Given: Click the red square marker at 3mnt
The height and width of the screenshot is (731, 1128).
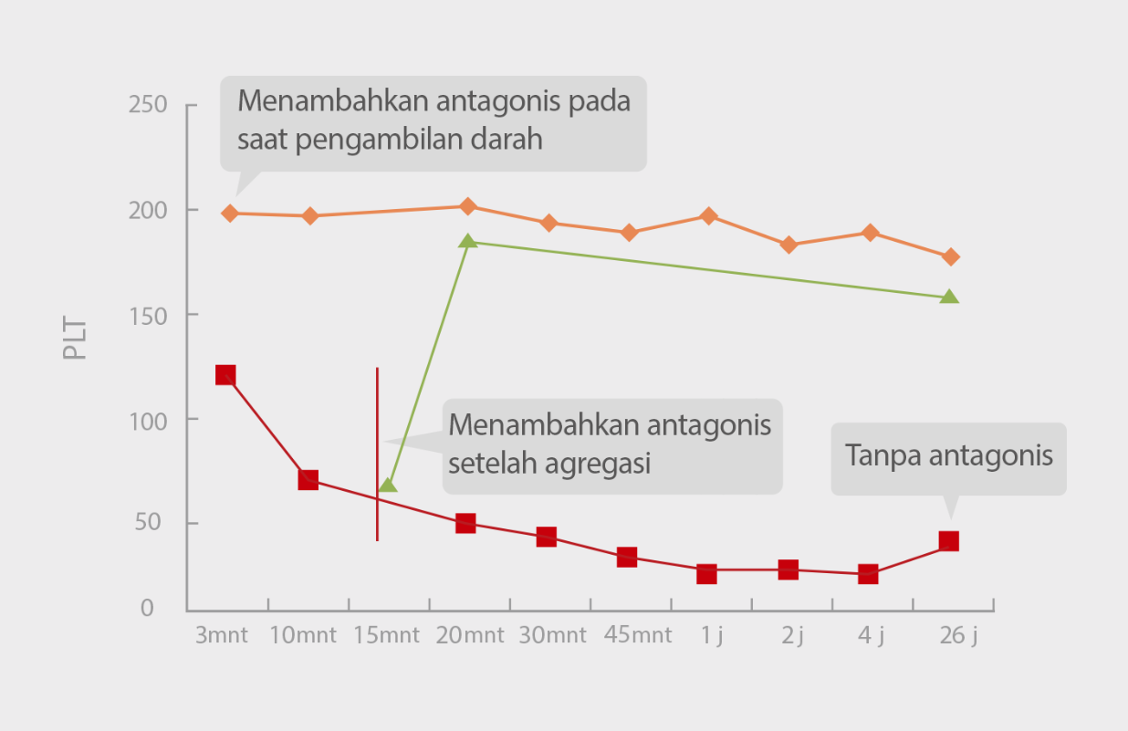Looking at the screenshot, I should (225, 375).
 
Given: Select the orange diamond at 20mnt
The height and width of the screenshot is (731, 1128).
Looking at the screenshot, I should (467, 206).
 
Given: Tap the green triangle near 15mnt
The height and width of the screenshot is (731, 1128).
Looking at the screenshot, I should (388, 485).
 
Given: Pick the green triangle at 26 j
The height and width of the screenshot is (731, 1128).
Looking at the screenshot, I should (949, 297).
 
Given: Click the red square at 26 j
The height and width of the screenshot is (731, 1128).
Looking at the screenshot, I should (949, 541).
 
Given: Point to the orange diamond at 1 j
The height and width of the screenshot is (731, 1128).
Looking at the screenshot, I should (708, 216).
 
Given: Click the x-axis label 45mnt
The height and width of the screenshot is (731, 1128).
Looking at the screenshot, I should (637, 635).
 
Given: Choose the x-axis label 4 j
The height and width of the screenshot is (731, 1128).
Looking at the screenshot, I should (870, 635).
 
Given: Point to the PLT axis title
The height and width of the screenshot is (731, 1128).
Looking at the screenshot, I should (76, 338).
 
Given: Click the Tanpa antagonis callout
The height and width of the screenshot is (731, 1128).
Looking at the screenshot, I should (948, 456).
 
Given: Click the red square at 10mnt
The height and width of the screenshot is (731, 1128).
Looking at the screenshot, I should (308, 480).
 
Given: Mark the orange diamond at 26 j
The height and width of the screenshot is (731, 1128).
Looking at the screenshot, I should (950, 257).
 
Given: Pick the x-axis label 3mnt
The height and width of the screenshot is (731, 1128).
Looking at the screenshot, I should (222, 635).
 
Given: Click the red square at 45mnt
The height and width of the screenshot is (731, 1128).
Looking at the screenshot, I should (627, 557).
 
